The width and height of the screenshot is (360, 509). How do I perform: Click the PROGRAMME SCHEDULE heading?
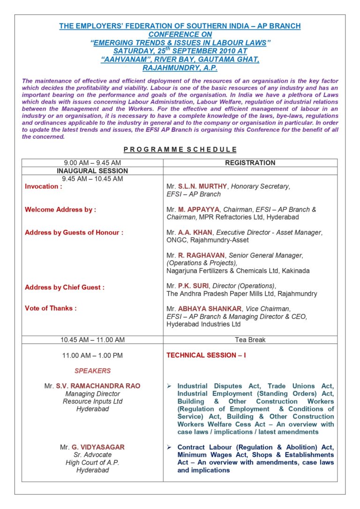[180, 150]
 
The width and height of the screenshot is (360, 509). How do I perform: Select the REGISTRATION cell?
[250, 163]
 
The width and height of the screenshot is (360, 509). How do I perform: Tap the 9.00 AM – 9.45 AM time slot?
[92, 163]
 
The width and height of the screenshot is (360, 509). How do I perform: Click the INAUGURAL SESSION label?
[92, 171]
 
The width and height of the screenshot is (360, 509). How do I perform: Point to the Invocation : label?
[43, 186]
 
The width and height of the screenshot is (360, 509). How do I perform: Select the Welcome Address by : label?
[60, 210]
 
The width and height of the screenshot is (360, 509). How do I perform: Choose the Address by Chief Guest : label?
[64, 287]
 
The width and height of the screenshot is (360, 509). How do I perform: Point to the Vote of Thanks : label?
[50, 308]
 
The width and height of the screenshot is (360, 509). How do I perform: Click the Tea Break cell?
[250, 340]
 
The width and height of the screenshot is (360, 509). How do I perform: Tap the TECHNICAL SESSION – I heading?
[206, 355]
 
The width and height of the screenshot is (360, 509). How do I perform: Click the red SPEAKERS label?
[92, 371]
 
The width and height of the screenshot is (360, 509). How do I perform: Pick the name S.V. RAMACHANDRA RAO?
[98, 386]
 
